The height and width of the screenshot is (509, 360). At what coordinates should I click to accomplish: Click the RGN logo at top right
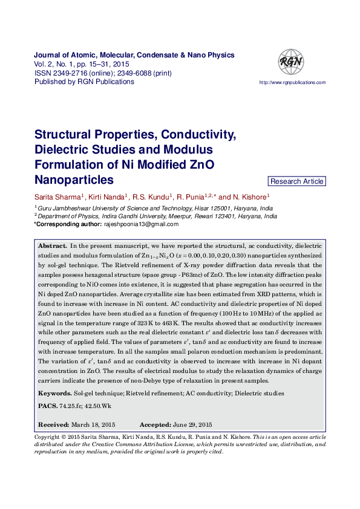(x=290, y=62)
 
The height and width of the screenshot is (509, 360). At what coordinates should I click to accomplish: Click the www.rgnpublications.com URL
(x=292, y=82)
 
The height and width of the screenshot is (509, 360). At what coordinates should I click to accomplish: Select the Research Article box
(x=297, y=181)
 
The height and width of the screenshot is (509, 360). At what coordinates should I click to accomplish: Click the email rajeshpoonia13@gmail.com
(x=141, y=224)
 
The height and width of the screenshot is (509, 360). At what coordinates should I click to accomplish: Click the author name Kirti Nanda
(x=106, y=197)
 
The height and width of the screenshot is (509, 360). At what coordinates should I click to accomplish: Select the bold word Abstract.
(x=53, y=247)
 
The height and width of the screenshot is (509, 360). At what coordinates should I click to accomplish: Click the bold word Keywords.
(x=54, y=394)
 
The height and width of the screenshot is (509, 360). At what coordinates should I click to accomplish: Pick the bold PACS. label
(x=48, y=406)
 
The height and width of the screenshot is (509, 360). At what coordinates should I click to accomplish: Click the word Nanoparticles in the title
(x=74, y=180)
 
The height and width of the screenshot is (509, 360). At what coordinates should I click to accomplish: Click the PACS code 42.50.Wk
(x=98, y=406)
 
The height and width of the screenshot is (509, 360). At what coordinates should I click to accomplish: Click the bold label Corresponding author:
(x=67, y=224)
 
